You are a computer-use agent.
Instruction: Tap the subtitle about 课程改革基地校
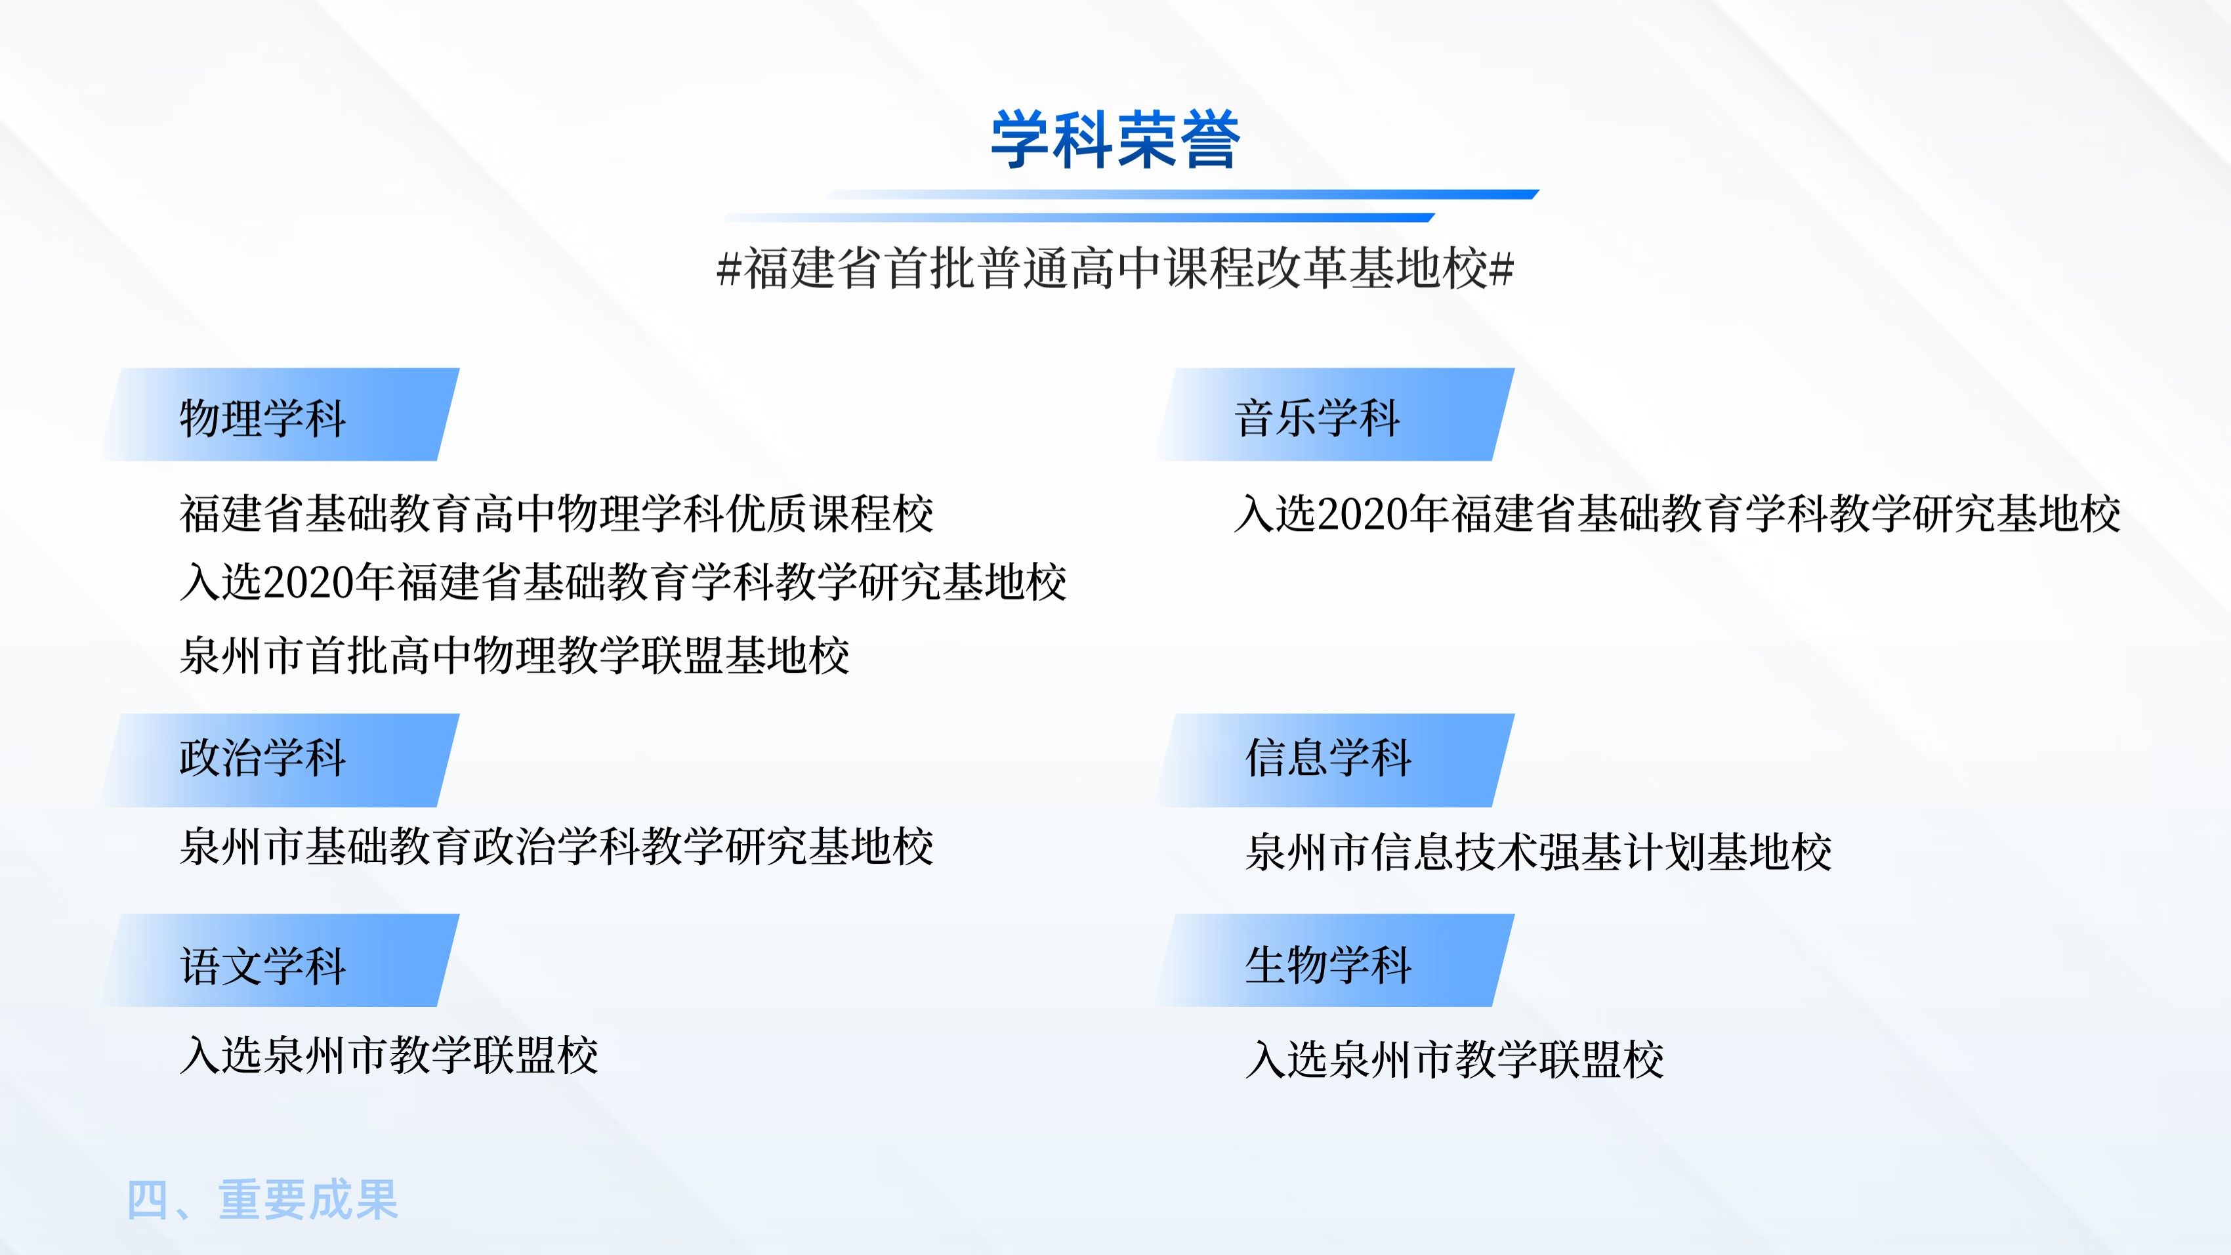(x=1115, y=268)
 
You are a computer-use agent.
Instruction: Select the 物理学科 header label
(x=263, y=417)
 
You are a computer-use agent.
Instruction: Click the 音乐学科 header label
(x=1318, y=417)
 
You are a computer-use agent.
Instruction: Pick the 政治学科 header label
(x=263, y=758)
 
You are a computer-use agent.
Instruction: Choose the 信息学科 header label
(x=1329, y=758)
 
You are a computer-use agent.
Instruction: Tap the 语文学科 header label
(x=263, y=966)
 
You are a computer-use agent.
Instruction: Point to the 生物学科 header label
(x=1329, y=964)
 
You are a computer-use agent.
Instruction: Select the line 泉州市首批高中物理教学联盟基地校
(x=514, y=655)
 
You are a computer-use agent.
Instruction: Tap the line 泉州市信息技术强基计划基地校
(x=1538, y=851)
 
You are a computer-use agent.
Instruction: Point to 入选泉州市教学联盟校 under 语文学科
(x=389, y=1055)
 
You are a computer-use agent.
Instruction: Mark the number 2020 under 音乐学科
(x=1362, y=513)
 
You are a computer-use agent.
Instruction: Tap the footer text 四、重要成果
(x=262, y=1200)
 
